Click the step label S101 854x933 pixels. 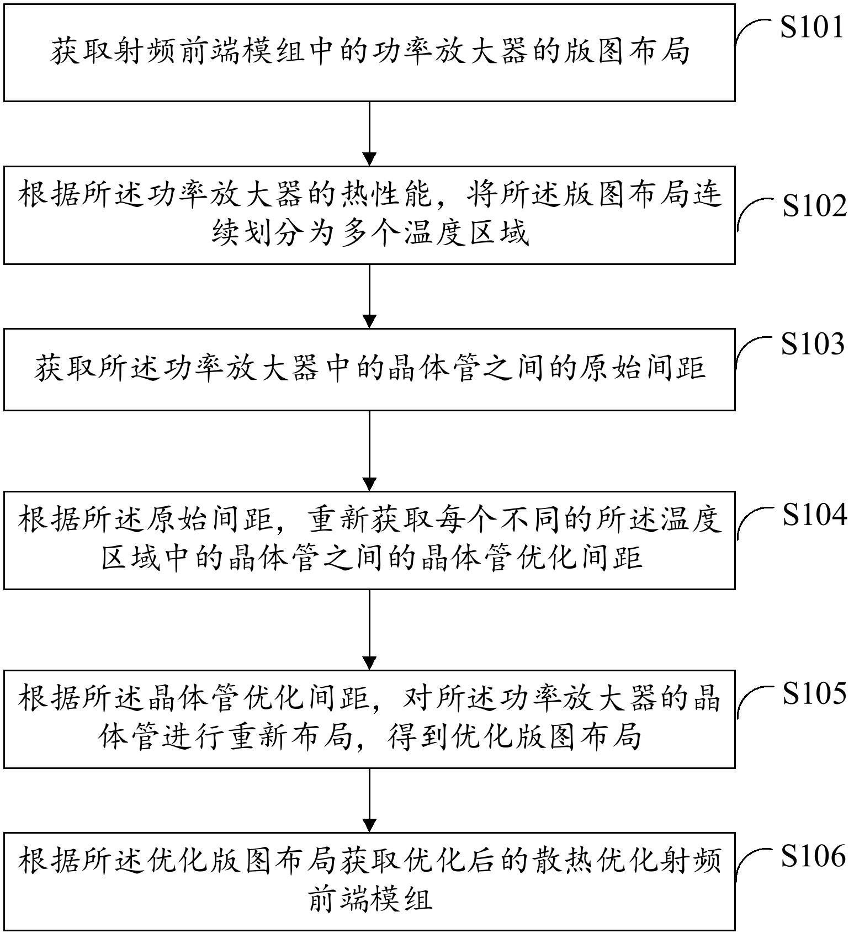[x=811, y=27]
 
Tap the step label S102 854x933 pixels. [x=814, y=206]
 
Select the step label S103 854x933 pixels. [x=813, y=344]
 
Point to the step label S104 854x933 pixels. [x=814, y=515]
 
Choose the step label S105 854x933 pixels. [x=814, y=693]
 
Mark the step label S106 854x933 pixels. [x=813, y=856]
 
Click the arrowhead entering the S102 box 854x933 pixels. [x=369, y=159]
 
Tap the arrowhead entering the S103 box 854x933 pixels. [x=369, y=321]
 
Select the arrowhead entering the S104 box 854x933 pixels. [x=369, y=484]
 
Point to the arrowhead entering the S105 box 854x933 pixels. [x=369, y=663]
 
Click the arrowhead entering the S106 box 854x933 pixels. [x=369, y=825]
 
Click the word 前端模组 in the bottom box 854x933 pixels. [x=369, y=900]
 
